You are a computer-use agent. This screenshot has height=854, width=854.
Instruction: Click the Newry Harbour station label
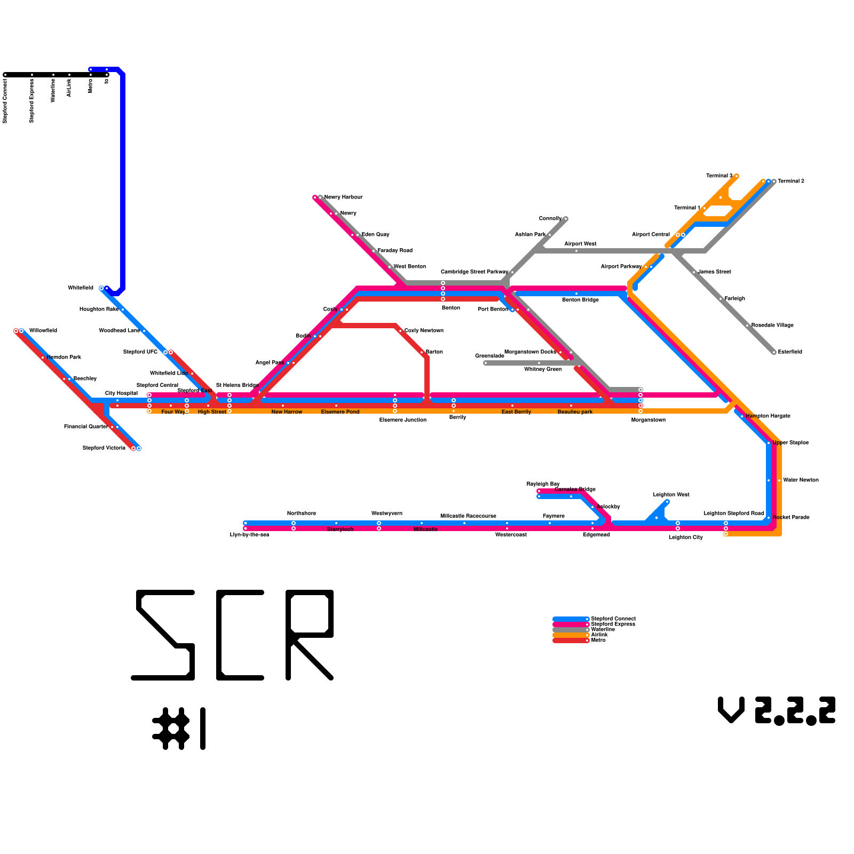(x=343, y=197)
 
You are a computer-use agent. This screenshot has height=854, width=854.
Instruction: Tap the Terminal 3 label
(x=719, y=176)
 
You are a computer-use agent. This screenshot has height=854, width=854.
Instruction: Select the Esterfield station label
(x=790, y=352)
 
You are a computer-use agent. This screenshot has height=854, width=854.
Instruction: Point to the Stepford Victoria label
(x=104, y=448)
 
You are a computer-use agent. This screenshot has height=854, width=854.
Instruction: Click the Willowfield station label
(x=43, y=331)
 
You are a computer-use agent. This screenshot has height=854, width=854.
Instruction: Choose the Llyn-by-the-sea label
(x=249, y=535)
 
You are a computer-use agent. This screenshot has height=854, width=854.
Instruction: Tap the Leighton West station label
(x=671, y=495)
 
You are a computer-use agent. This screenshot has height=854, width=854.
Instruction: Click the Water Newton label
(x=801, y=480)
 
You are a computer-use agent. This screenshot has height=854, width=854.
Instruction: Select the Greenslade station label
(x=489, y=356)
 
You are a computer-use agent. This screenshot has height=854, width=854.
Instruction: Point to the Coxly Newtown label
(x=424, y=331)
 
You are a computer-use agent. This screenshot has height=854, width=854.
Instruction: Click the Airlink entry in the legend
(x=599, y=635)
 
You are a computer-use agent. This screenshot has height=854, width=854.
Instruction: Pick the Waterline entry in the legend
(x=603, y=630)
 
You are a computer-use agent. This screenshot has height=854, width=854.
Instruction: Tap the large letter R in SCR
(x=310, y=635)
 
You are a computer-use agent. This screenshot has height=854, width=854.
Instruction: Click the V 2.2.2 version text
(x=777, y=711)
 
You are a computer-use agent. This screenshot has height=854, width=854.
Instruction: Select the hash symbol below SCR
(x=171, y=729)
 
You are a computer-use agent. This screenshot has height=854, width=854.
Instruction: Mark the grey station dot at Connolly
(x=566, y=219)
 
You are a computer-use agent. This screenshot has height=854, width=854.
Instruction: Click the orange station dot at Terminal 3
(x=737, y=176)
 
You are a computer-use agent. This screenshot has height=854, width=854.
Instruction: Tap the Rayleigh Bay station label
(x=543, y=484)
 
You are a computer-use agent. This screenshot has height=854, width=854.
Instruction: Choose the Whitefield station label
(x=81, y=288)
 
